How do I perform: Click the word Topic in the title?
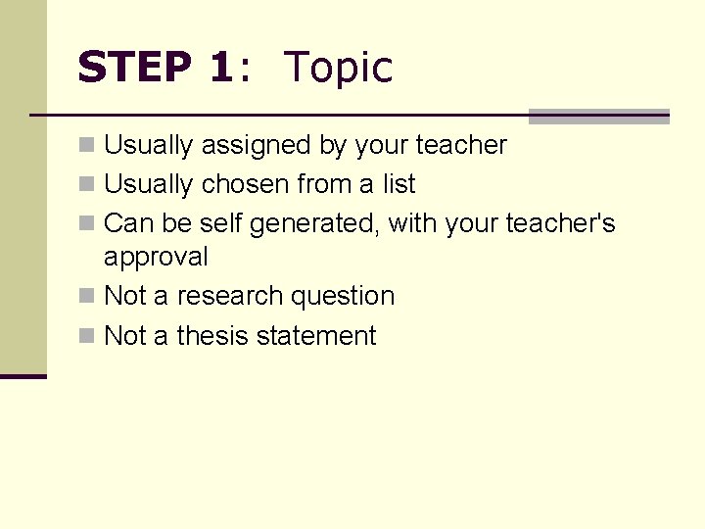338,69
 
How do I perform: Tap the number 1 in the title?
220,68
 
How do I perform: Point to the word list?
398,184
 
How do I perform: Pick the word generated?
314,224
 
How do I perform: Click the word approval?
156,258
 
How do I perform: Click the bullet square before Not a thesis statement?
87,336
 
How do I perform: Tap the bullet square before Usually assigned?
87,146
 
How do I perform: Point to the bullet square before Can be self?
87,224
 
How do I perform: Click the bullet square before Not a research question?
87,296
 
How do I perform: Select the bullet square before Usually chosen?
87,184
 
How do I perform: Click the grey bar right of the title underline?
598,117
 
